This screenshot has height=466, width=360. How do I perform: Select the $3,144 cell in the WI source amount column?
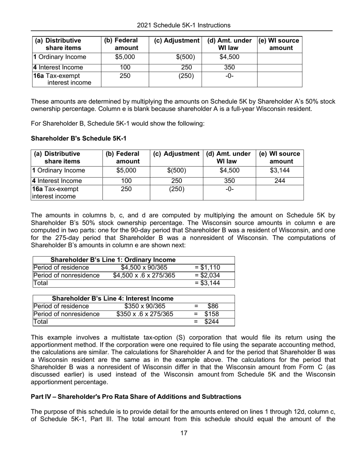pos(280,170)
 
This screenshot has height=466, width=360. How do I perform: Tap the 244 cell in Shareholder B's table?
pos(280,181)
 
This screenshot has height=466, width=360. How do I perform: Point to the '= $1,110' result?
pos(207,268)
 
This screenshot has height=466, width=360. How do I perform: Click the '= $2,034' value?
pos(207,275)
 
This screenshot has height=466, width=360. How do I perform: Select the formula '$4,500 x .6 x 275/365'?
pos(144,275)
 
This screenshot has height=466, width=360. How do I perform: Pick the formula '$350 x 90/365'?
pos(144,306)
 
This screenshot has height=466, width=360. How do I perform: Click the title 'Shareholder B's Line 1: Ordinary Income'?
pos(113,260)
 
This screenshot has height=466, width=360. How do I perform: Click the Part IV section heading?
pos(136,397)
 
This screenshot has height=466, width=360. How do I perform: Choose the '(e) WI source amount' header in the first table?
pos(280,44)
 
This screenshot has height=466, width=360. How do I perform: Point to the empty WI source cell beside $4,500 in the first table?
pos(280,58)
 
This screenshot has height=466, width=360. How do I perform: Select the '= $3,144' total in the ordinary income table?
pos(207,283)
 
